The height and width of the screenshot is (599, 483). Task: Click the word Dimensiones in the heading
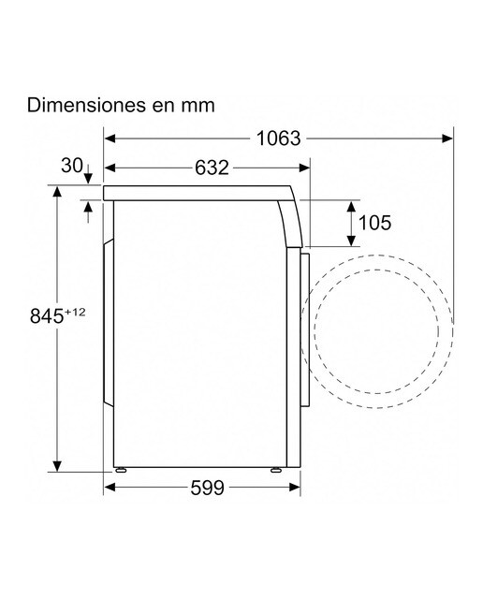[x=86, y=105]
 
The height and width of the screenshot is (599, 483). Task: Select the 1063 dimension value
[x=278, y=139]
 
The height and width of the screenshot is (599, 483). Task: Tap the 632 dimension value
[x=212, y=168]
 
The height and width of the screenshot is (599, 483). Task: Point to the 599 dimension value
[x=207, y=488]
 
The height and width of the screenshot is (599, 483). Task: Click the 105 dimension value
[x=374, y=223]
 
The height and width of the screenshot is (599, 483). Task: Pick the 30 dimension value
[x=72, y=166]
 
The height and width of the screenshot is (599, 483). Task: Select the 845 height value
[x=47, y=316]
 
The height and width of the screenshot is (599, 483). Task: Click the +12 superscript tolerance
[x=75, y=312]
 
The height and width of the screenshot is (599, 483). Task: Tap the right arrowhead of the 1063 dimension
[x=447, y=139]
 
